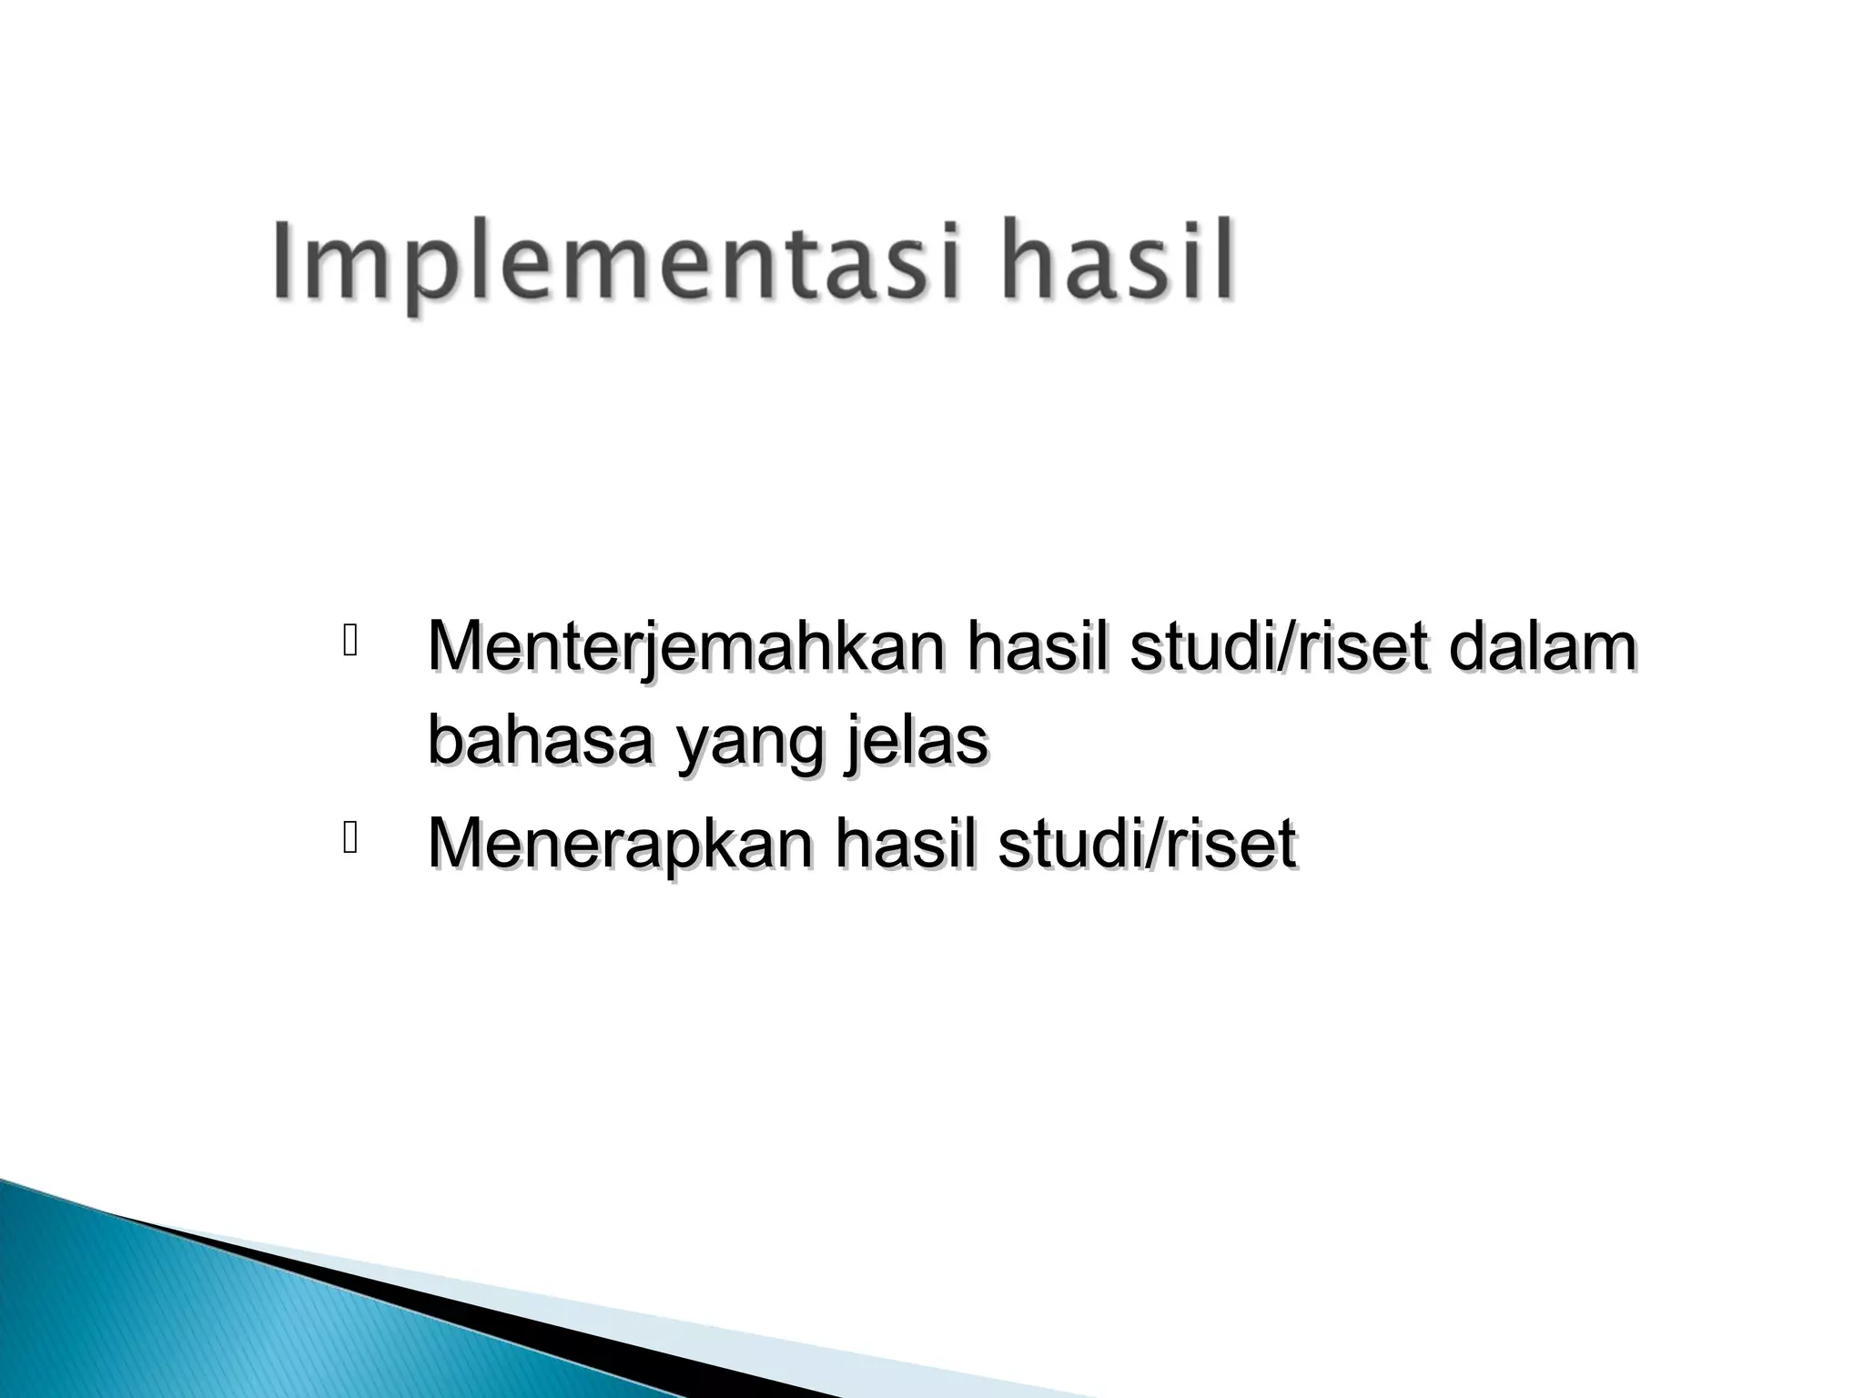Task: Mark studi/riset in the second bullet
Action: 1147,843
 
